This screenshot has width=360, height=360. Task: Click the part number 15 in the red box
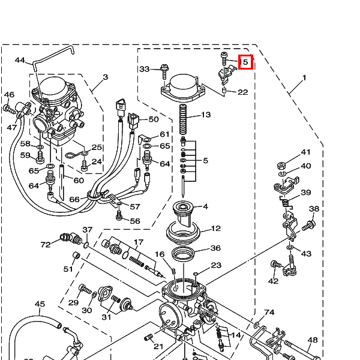[x=245, y=62]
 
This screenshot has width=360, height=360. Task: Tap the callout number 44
[x=20, y=60]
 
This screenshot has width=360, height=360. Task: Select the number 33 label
[x=145, y=69]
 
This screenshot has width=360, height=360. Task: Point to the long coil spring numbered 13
[x=183, y=119]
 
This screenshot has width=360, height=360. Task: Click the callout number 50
[x=154, y=119]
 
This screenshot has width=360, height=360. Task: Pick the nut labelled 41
[x=281, y=166]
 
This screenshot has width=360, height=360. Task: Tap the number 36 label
[x=215, y=248]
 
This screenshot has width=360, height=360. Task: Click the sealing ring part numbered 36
[x=183, y=254]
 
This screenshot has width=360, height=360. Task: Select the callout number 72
[x=46, y=245]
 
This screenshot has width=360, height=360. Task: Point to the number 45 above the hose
[x=40, y=304]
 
